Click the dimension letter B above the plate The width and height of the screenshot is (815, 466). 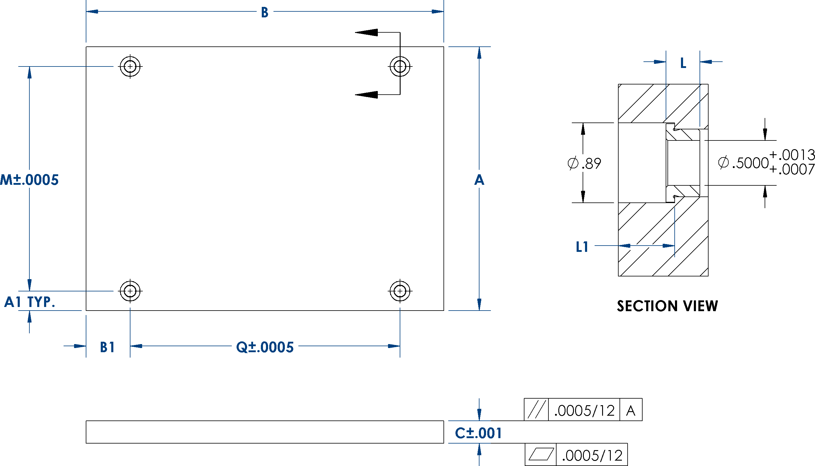click(264, 13)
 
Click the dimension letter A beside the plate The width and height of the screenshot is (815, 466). click(479, 180)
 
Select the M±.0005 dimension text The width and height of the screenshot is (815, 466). click(29, 180)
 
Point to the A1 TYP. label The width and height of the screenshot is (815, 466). click(29, 302)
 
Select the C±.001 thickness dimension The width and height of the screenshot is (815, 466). click(478, 433)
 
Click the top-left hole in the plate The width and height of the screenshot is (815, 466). click(130, 66)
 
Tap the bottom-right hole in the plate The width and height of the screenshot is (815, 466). click(400, 291)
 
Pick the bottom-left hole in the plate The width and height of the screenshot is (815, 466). click(130, 291)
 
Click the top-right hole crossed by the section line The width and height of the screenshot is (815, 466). click(400, 66)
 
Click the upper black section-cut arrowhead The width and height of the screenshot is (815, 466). click(366, 32)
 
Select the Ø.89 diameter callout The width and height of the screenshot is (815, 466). click(584, 164)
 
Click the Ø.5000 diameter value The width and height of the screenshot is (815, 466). click(743, 163)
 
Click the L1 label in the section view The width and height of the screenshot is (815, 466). click(582, 247)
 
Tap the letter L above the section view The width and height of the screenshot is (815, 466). click(683, 63)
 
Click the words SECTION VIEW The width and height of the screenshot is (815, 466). click(667, 306)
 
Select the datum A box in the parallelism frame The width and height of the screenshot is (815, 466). click(631, 410)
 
